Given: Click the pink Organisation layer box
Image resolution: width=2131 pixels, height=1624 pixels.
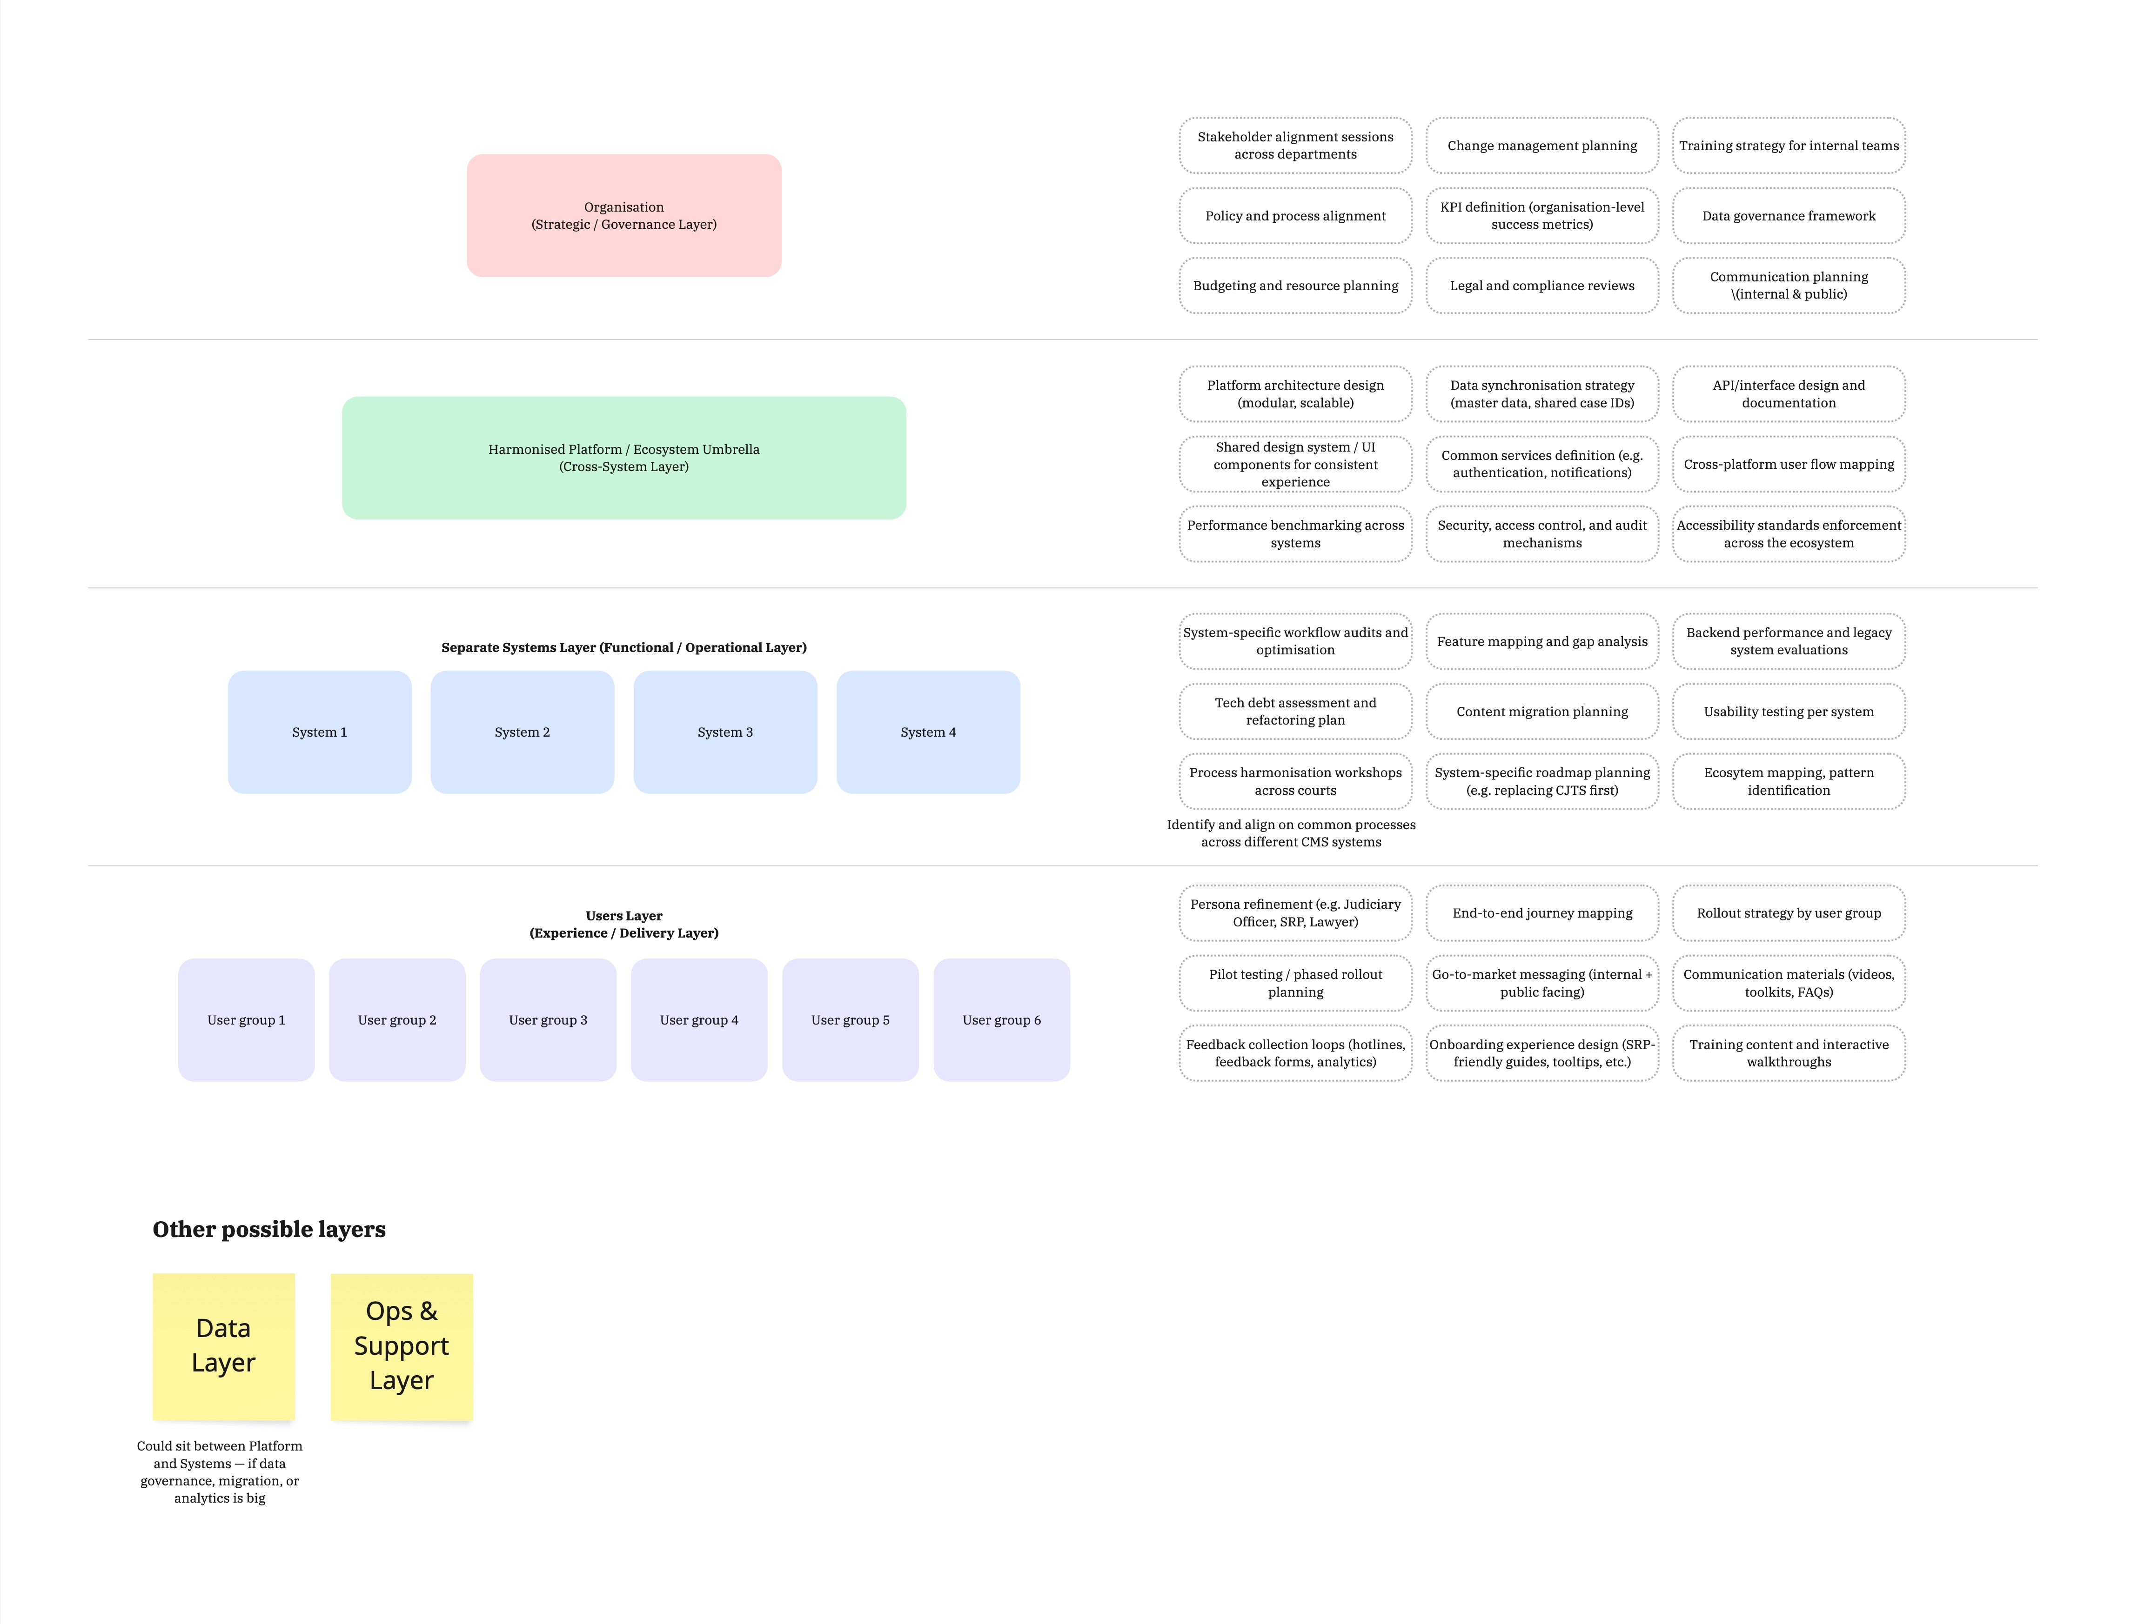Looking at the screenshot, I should pos(623,216).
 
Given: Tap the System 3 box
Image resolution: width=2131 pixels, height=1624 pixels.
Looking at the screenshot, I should pos(725,732).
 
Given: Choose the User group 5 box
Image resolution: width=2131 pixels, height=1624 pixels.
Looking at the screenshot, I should pos(850,1020).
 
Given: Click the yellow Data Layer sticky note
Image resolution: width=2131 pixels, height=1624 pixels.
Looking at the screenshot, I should pos(223,1345).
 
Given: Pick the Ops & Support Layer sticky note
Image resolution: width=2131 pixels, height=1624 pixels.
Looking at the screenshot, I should pos(401,1345).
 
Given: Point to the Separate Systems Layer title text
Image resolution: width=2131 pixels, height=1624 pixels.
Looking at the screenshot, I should pos(623,648).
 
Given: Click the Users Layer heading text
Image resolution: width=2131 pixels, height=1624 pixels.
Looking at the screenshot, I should pos(623,924).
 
